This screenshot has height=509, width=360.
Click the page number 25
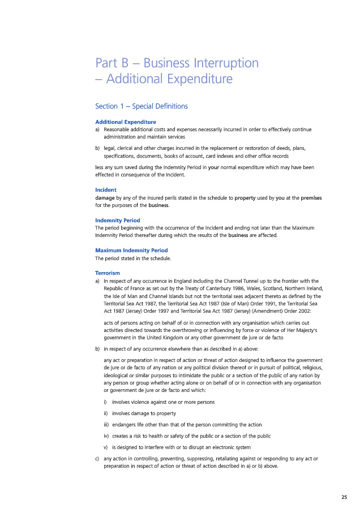point(344,497)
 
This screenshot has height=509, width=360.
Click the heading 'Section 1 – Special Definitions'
point(142,106)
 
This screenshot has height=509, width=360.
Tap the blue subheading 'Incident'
point(106,190)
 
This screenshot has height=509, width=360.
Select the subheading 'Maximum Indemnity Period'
point(131,250)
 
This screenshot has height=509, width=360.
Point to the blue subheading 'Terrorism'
point(108,273)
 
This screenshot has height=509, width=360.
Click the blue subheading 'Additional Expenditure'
point(126,122)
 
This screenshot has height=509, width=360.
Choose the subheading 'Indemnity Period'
point(118,220)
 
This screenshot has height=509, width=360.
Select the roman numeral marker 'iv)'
point(106,436)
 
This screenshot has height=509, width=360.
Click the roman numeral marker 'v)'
point(106,447)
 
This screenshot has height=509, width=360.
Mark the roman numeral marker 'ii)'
point(106,413)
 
